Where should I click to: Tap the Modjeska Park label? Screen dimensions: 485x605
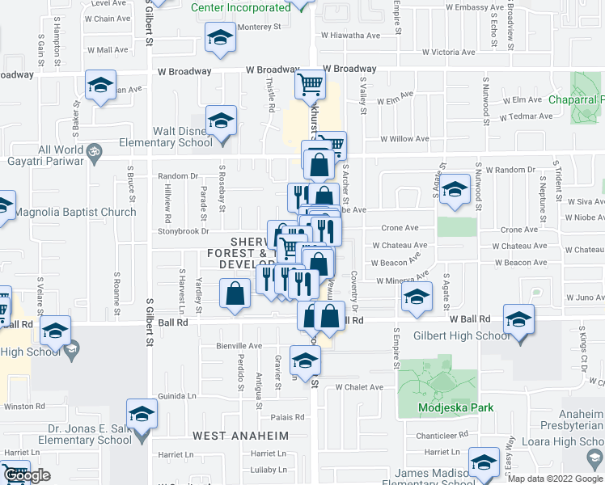click(456, 408)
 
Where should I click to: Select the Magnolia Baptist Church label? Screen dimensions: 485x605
click(76, 213)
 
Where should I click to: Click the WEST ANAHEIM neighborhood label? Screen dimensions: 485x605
click(240, 436)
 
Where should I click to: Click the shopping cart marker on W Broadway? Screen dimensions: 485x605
click(310, 83)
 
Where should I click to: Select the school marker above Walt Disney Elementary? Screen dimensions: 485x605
click(220, 121)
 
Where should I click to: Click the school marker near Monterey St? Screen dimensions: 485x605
click(219, 38)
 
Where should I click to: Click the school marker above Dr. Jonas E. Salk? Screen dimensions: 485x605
click(142, 413)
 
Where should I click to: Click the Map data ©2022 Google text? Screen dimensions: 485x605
click(554, 479)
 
